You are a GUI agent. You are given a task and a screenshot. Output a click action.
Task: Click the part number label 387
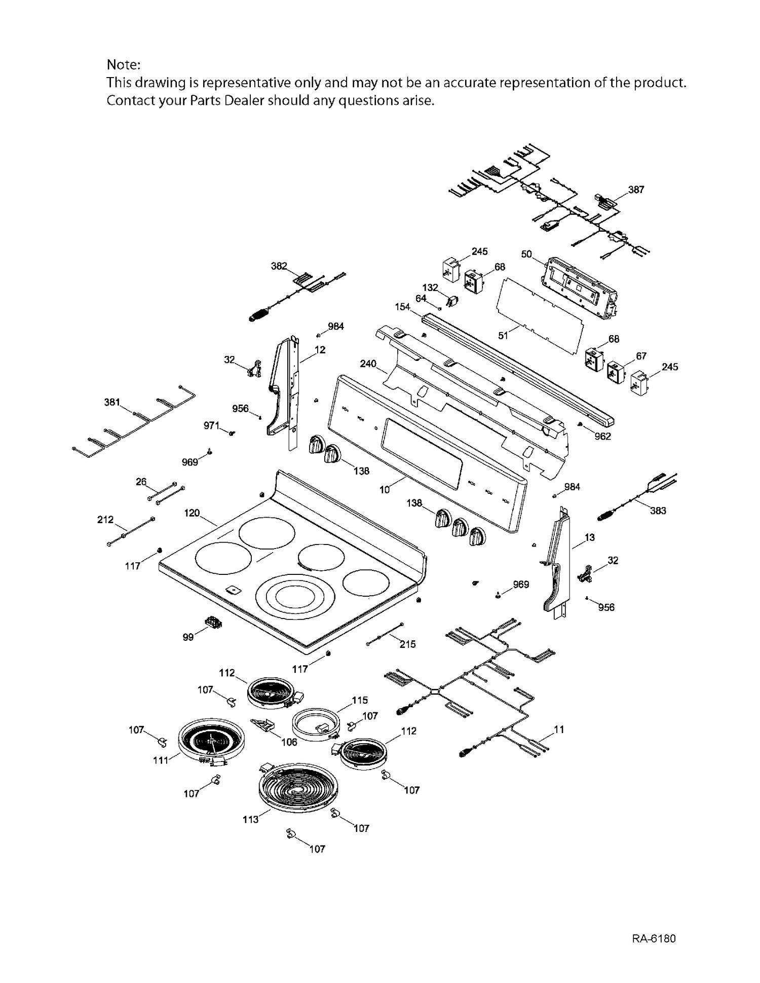pos(636,190)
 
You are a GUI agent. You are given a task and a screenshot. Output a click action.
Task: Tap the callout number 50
pos(526,254)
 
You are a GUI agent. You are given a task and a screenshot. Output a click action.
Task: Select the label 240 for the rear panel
pos(368,363)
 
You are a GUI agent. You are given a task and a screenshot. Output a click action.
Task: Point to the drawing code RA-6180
pos(654,938)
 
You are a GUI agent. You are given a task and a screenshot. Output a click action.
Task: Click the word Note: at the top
pos(123,65)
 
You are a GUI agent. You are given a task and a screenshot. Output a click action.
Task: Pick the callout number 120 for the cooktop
pos(192,513)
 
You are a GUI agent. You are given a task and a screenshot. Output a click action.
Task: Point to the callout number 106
pos(289,742)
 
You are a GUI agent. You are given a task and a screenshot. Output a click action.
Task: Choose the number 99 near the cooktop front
pos(188,637)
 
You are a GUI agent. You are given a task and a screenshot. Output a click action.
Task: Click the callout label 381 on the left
pos(112,403)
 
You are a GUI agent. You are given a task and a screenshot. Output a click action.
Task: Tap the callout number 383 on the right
pos(658,511)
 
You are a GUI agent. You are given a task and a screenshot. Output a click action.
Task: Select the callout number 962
pos(602,436)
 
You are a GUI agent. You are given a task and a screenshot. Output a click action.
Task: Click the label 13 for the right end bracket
pos(590,537)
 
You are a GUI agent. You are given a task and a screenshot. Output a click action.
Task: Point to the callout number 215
pos(407,644)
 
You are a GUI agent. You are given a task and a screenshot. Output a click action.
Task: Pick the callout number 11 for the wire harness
pos(559,730)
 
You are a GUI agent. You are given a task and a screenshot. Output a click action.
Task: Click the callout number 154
pos(403,307)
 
